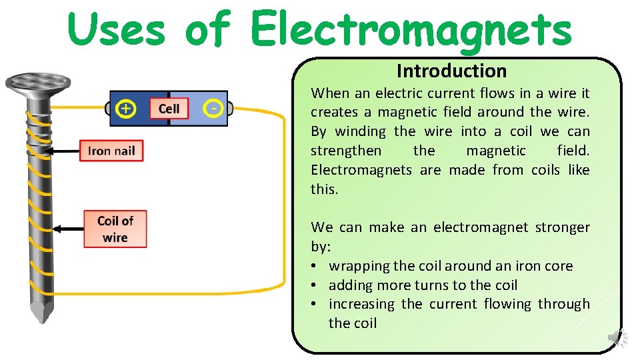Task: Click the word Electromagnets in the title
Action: point(411,30)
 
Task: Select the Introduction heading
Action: point(451,71)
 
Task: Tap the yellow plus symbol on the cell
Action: point(126,108)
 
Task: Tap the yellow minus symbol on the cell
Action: point(213,108)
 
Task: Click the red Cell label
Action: point(169,108)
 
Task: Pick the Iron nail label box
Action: point(111,151)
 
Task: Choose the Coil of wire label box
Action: point(115,229)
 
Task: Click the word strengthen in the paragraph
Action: point(346,151)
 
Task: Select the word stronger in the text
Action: point(562,227)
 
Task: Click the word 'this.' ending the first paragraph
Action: point(324,189)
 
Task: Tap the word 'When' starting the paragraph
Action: point(326,93)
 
